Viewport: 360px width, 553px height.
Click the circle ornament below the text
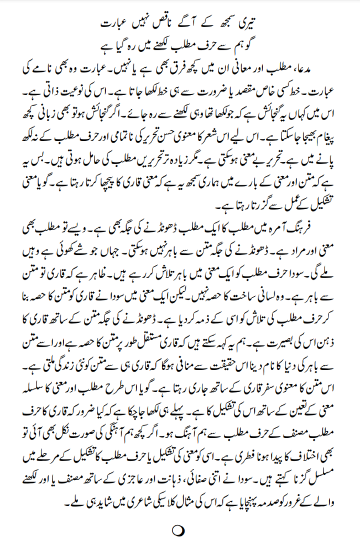coord(178,531)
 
